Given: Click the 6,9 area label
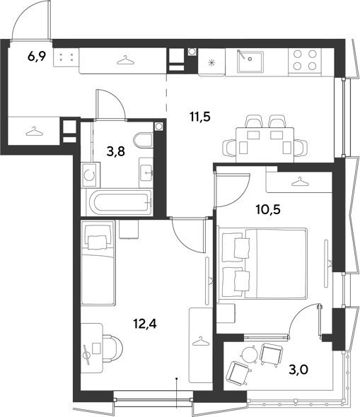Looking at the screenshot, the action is (x=37, y=57).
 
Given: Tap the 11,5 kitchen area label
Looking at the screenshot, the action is (x=200, y=117).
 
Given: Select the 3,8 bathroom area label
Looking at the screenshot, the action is (x=116, y=152).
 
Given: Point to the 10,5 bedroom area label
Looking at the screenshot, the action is (x=268, y=210).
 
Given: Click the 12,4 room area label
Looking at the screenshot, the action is (x=145, y=324).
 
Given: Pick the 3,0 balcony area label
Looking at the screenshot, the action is (x=298, y=370).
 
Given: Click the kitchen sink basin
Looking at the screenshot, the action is (x=250, y=61).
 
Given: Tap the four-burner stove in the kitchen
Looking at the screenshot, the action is (x=305, y=60).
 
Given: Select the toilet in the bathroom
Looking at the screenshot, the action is (x=144, y=141).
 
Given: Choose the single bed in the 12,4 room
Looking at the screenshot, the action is (x=98, y=262).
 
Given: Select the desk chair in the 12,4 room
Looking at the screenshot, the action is (x=112, y=348).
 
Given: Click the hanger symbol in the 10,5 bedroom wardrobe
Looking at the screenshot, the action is (x=300, y=182).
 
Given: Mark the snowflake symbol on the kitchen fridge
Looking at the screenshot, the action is (x=212, y=63).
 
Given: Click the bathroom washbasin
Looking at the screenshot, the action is (x=146, y=172).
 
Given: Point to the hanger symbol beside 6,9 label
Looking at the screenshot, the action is (x=125, y=60).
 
